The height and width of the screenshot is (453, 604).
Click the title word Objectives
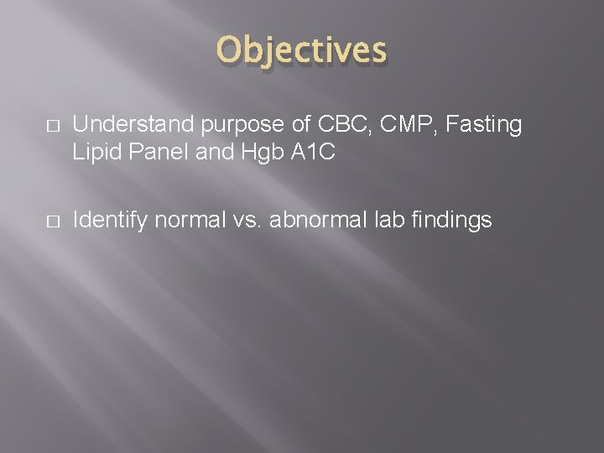[x=302, y=50]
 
